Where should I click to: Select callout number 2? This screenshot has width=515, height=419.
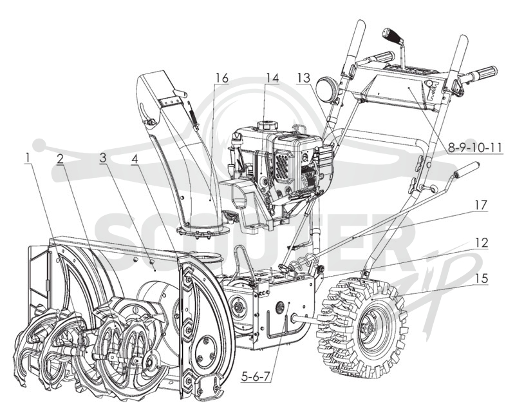click(x=60, y=158)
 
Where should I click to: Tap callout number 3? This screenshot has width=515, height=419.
click(x=103, y=158)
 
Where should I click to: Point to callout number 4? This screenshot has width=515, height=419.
click(x=135, y=159)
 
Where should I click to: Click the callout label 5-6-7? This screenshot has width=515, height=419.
click(x=256, y=376)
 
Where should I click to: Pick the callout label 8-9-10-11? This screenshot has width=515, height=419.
click(x=475, y=148)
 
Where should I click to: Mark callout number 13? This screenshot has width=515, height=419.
click(x=304, y=78)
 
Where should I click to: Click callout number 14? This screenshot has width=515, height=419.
click(x=272, y=78)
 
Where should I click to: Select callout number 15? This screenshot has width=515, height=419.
click(x=482, y=278)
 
